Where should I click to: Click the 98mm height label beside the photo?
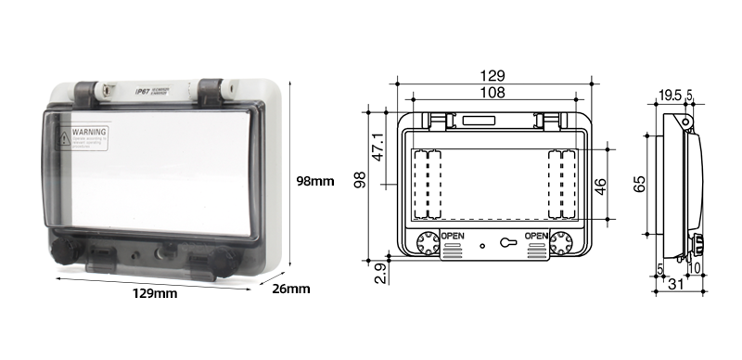click(x=314, y=181)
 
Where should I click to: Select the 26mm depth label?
click(x=290, y=289)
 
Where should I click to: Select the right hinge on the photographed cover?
click(x=212, y=90)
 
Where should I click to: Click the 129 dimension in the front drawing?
click(x=493, y=76)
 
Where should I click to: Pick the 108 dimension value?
click(x=493, y=93)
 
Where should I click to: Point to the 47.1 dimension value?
click(x=378, y=149)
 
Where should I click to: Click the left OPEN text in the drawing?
click(x=453, y=236)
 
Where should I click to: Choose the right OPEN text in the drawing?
click(x=537, y=236)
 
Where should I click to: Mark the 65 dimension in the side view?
click(x=639, y=183)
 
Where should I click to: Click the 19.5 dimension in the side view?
click(x=671, y=94)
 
